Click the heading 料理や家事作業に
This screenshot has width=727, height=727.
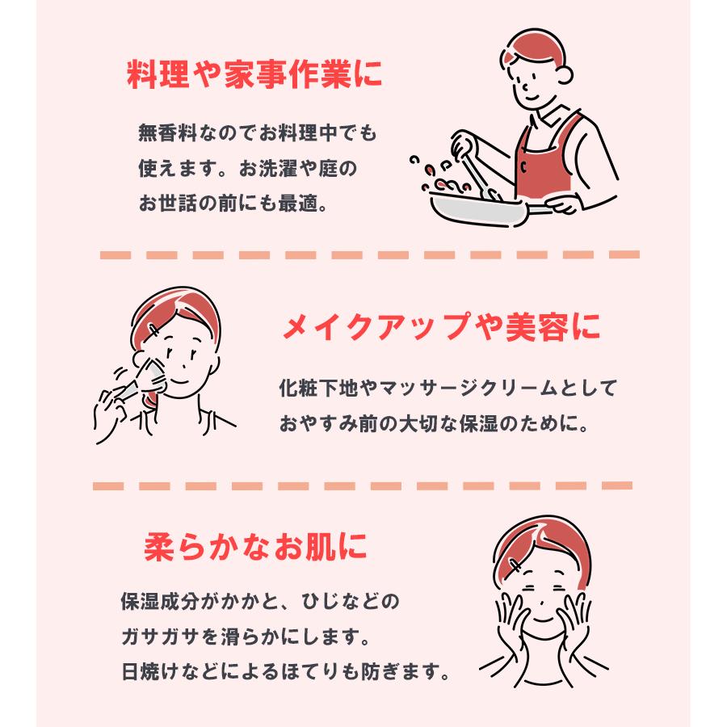[x=254, y=77]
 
